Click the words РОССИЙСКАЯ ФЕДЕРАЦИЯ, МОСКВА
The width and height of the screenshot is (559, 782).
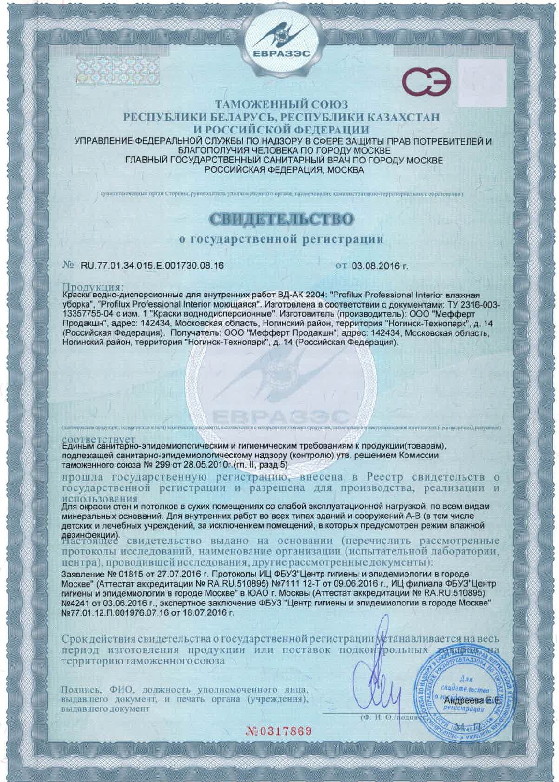coord(284,170)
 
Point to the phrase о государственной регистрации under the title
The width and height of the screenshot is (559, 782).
coord(281,239)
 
